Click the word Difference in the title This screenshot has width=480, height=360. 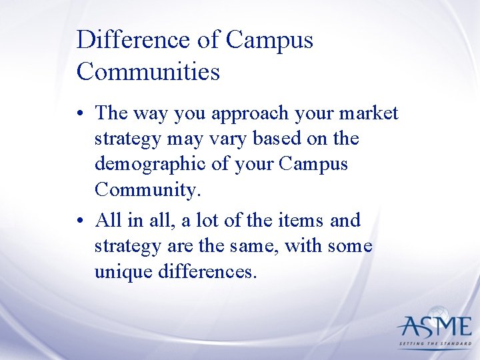click(133, 40)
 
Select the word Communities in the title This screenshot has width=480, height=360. click(148, 71)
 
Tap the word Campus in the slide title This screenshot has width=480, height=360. click(269, 40)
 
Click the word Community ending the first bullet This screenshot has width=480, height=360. click(147, 190)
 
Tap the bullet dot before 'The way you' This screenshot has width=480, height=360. click(81, 114)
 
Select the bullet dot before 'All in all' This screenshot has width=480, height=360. click(81, 220)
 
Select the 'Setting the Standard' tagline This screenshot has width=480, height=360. click(435, 345)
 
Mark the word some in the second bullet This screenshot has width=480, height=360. click(349, 246)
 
